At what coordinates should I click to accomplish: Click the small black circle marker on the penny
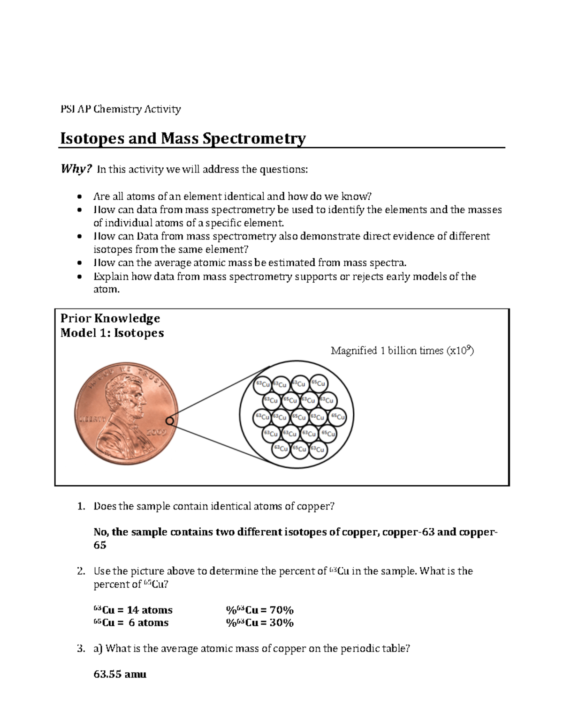(x=169, y=420)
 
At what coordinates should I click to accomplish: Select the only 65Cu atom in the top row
(x=318, y=384)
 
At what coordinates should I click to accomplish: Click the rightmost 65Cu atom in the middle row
(x=338, y=416)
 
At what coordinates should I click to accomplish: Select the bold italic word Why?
(x=76, y=169)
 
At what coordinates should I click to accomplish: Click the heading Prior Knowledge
(x=110, y=318)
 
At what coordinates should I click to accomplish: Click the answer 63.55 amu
(x=120, y=675)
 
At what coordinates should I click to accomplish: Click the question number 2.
(x=81, y=571)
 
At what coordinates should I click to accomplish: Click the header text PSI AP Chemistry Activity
(x=121, y=109)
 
